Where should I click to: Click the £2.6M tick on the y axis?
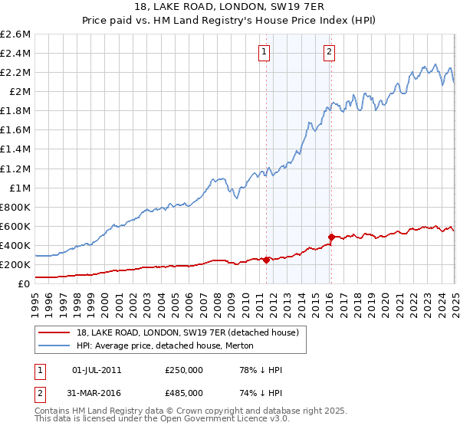[x=16, y=34]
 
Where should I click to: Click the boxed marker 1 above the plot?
[x=264, y=52]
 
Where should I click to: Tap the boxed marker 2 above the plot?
[x=329, y=52]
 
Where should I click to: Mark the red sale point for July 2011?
[x=266, y=260]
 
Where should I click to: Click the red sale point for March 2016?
[x=331, y=237]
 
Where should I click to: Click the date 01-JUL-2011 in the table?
[x=96, y=370]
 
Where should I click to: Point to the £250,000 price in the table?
[x=184, y=370]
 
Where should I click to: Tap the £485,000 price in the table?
[x=184, y=394]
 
